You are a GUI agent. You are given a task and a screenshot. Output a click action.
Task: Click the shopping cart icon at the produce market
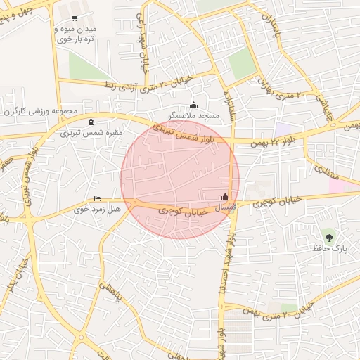[x=75, y=18]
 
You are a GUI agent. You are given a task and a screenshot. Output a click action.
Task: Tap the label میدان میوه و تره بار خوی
[x=75, y=35]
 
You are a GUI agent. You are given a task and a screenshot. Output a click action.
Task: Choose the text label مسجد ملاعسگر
[x=194, y=115]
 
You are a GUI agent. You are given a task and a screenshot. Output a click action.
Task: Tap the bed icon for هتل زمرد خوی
[x=97, y=199]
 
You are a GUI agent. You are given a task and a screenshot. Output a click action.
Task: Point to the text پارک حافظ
[x=328, y=247]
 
